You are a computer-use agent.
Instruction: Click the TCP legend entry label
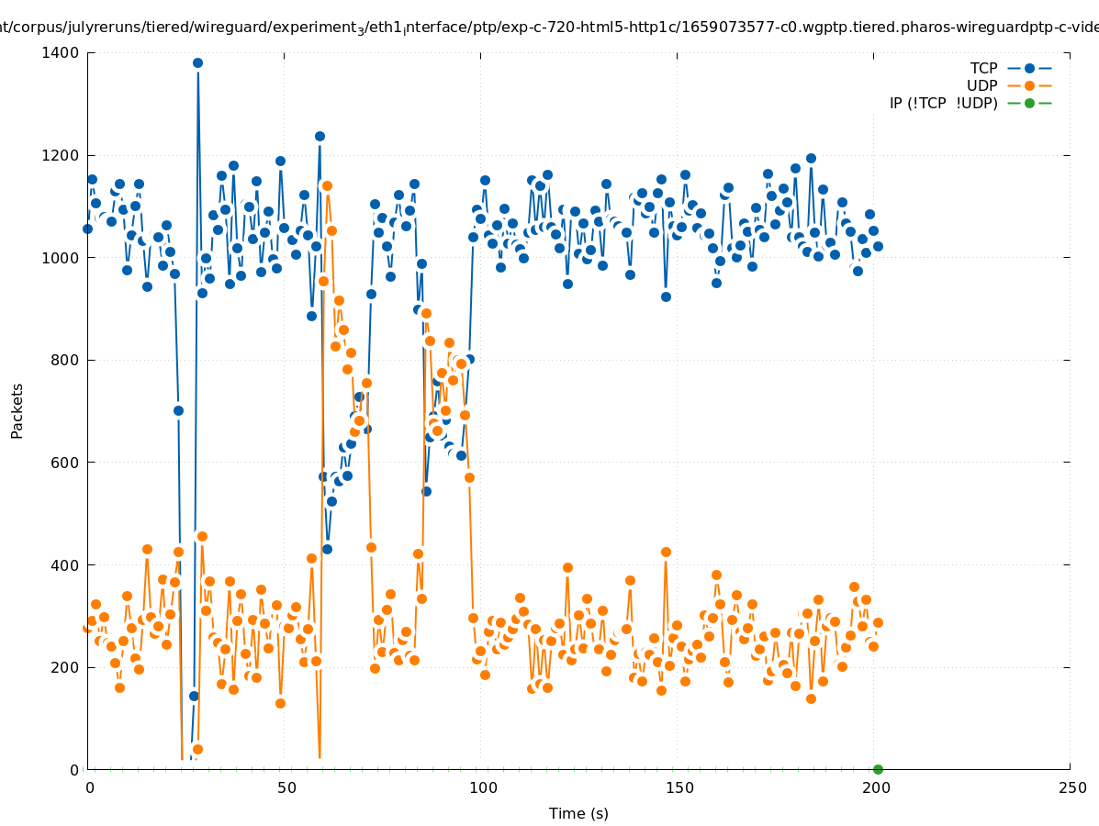pyautogui.click(x=983, y=68)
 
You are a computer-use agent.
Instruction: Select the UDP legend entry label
pyautogui.click(x=982, y=85)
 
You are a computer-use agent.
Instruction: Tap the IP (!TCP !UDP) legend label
pyautogui.click(x=943, y=103)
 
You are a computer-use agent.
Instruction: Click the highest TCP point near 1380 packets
pyautogui.click(x=197, y=62)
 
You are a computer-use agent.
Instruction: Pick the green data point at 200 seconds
pyautogui.click(x=878, y=769)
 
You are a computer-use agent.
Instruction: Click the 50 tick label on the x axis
pyautogui.click(x=286, y=787)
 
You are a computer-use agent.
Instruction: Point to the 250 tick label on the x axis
pyautogui.click(x=1071, y=787)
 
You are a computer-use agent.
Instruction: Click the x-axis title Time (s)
pyautogui.click(x=578, y=813)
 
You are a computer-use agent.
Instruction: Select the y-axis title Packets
pyautogui.click(x=17, y=410)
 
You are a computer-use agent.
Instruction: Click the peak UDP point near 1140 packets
pyautogui.click(x=326, y=185)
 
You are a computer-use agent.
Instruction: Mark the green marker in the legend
pyautogui.click(x=1029, y=103)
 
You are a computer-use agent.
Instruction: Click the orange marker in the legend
pyautogui.click(x=1029, y=85)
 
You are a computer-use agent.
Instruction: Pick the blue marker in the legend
pyautogui.click(x=1029, y=68)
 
